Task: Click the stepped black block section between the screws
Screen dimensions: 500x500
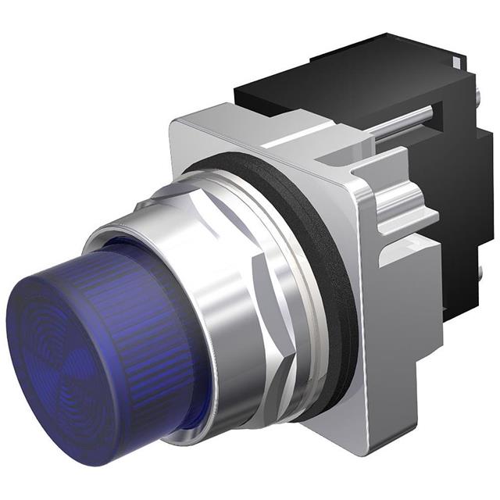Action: (457, 195)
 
